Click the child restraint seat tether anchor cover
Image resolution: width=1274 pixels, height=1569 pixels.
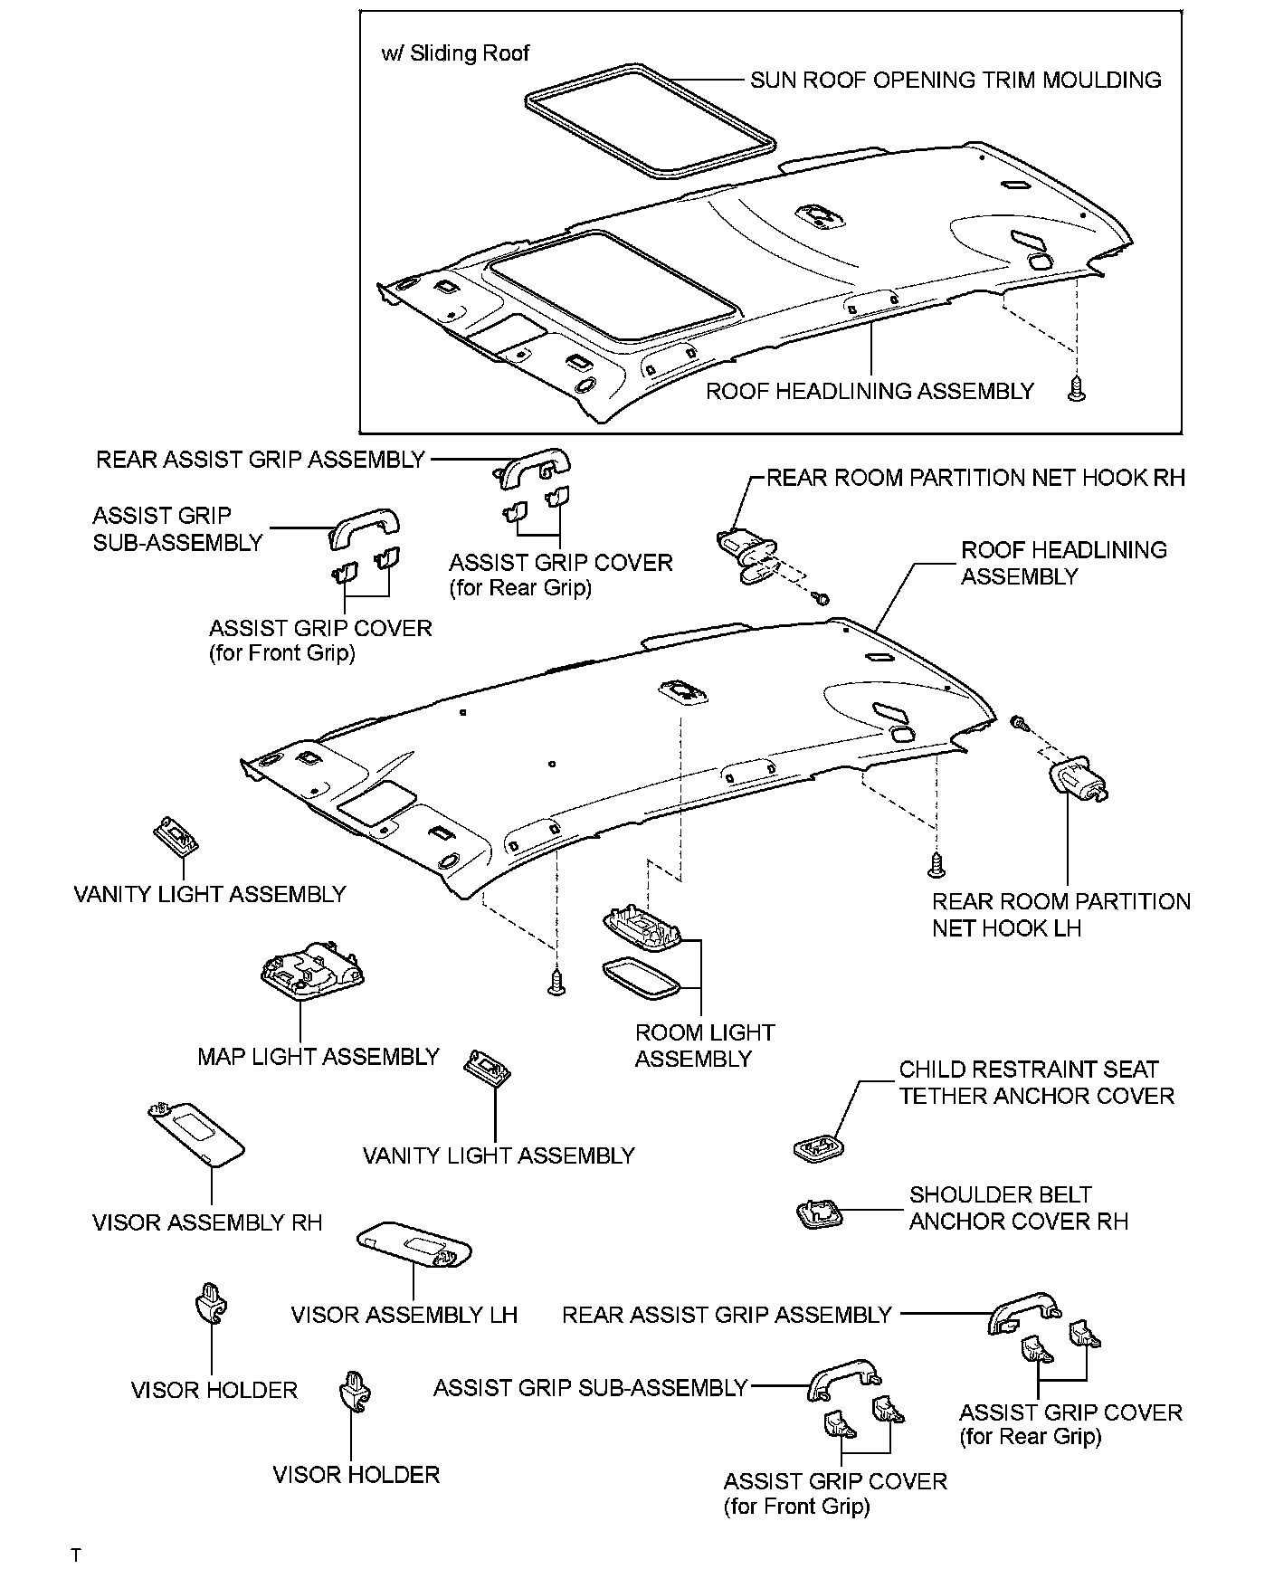coord(818,1148)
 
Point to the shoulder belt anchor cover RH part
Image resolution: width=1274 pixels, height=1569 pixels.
coord(818,1213)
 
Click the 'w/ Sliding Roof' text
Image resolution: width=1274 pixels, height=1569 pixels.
coord(455,53)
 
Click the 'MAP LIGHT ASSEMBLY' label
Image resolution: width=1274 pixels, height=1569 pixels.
coord(318,1056)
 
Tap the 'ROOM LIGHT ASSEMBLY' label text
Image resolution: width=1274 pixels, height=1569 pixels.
coord(704,1045)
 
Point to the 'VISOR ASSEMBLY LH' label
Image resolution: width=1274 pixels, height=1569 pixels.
coord(404,1315)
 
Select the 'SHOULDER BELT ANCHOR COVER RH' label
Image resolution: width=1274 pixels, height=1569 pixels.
coord(1018,1208)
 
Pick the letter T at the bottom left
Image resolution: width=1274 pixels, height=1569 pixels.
coord(76,1555)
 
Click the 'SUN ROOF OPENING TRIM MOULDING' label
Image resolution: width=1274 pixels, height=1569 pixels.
coord(955,81)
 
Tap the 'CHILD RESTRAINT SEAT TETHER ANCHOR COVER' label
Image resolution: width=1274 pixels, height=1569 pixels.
coord(1035,1082)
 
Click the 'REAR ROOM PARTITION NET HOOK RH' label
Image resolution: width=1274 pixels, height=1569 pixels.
coord(975,478)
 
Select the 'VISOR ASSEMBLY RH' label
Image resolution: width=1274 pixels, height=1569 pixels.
coord(207,1222)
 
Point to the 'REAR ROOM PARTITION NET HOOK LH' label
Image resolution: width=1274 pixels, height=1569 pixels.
coord(1060,915)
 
